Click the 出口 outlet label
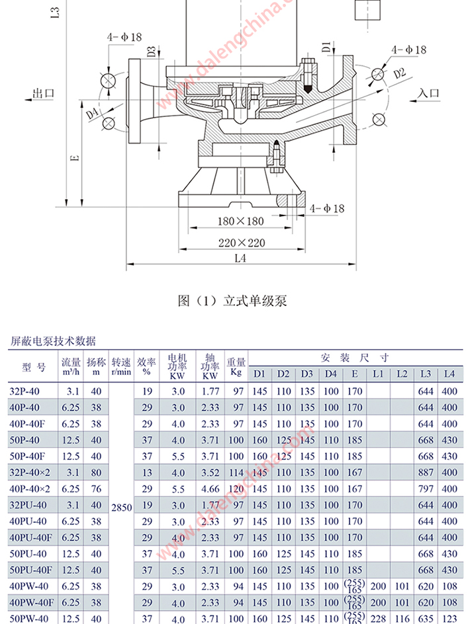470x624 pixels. (x=43, y=93)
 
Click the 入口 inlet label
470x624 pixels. (x=429, y=93)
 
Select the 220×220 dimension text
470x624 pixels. (x=242, y=243)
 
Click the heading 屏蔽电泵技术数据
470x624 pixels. (x=53, y=341)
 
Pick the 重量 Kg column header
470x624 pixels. (x=236, y=367)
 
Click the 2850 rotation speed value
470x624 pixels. (x=122, y=508)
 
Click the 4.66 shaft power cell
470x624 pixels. (x=210, y=489)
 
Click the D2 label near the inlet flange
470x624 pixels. (x=399, y=73)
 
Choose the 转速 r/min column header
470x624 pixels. (x=122, y=367)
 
